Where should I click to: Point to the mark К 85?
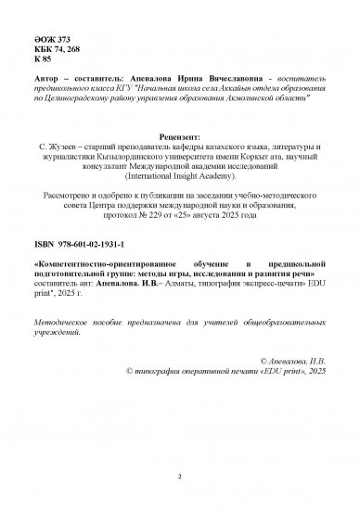click(x=46, y=59)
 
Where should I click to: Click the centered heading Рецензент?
click(x=179, y=135)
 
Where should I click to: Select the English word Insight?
click(x=195, y=179)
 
